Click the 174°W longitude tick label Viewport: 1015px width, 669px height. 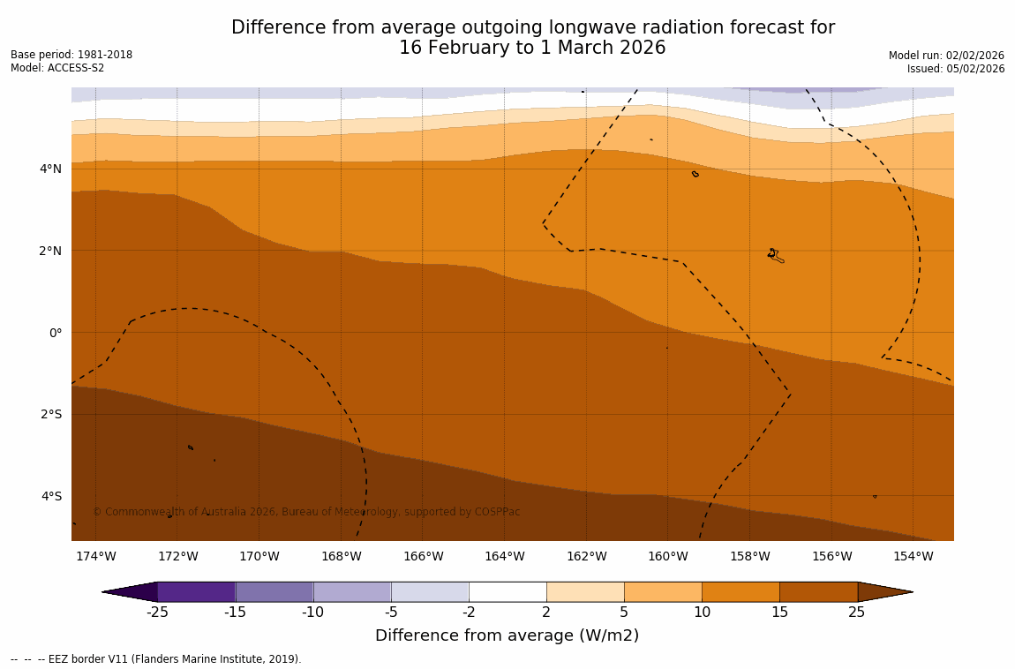point(95,556)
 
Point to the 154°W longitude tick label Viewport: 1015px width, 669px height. point(913,556)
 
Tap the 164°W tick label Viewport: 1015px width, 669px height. point(504,556)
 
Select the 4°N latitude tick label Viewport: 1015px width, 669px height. point(50,169)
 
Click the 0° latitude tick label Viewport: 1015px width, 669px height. point(55,333)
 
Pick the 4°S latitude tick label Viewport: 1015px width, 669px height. point(51,496)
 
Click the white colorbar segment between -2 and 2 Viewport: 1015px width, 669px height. point(507,591)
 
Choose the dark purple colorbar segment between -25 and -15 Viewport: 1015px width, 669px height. point(196,591)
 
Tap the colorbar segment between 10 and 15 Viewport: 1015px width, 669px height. point(741,591)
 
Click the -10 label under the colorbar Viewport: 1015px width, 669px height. point(312,613)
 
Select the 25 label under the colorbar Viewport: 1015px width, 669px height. point(856,613)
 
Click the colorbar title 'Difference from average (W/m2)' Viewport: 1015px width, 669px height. point(507,635)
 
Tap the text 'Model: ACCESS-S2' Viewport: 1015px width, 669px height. point(57,68)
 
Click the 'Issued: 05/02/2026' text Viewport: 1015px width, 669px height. point(956,69)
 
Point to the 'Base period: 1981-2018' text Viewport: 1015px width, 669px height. point(71,55)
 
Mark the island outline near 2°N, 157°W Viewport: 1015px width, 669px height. point(775,255)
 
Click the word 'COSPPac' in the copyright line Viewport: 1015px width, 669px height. point(497,512)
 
